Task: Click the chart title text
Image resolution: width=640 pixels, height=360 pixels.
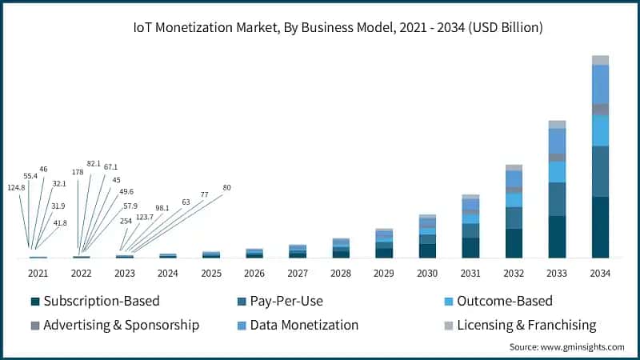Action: click(x=338, y=27)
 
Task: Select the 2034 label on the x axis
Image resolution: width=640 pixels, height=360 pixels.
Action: click(x=600, y=273)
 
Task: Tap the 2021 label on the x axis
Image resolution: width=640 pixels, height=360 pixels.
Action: click(x=38, y=273)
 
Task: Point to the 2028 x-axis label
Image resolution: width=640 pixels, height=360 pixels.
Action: click(x=341, y=273)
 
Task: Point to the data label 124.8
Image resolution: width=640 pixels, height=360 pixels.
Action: click(x=16, y=188)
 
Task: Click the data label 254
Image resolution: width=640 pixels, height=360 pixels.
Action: click(x=125, y=221)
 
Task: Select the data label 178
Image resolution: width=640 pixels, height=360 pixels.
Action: click(x=78, y=171)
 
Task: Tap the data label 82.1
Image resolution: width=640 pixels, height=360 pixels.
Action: click(x=94, y=163)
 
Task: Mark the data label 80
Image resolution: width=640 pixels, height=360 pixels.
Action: click(x=226, y=187)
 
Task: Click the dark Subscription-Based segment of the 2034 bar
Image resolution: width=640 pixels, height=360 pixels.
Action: click(x=600, y=227)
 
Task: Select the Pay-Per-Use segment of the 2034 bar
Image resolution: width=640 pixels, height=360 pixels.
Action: click(x=600, y=171)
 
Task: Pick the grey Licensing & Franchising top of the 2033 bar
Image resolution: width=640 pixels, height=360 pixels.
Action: click(x=557, y=124)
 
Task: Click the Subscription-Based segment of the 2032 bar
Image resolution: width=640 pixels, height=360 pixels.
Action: click(x=514, y=243)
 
